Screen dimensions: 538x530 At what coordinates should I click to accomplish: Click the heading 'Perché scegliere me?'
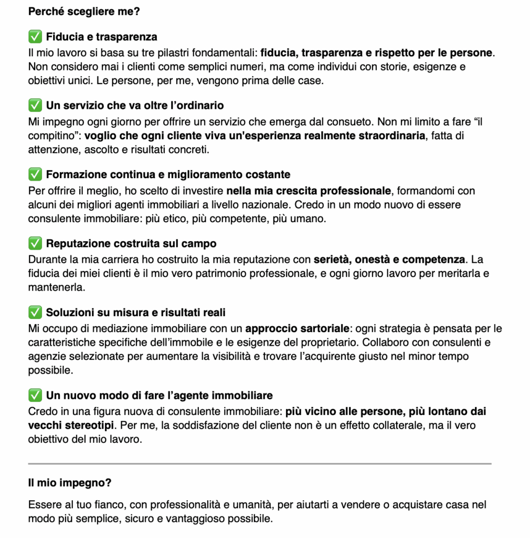coord(84,11)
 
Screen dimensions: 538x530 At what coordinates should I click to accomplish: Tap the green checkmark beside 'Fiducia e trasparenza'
coord(35,37)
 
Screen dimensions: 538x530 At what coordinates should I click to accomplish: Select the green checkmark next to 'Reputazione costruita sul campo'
coord(35,244)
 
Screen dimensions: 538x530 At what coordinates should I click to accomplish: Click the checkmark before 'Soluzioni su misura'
coord(35,313)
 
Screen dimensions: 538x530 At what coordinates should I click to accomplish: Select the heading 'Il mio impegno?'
coord(70,482)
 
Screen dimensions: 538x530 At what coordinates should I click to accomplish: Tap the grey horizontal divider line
coord(260,463)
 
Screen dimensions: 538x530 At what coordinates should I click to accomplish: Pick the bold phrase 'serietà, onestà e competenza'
coord(389,260)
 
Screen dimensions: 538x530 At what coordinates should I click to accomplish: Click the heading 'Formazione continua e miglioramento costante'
coord(168,174)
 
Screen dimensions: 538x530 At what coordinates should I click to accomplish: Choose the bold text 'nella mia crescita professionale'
coord(309,190)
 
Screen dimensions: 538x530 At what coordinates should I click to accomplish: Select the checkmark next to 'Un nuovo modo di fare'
coord(35,395)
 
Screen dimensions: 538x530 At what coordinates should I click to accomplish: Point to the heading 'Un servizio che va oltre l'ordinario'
coord(135,106)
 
